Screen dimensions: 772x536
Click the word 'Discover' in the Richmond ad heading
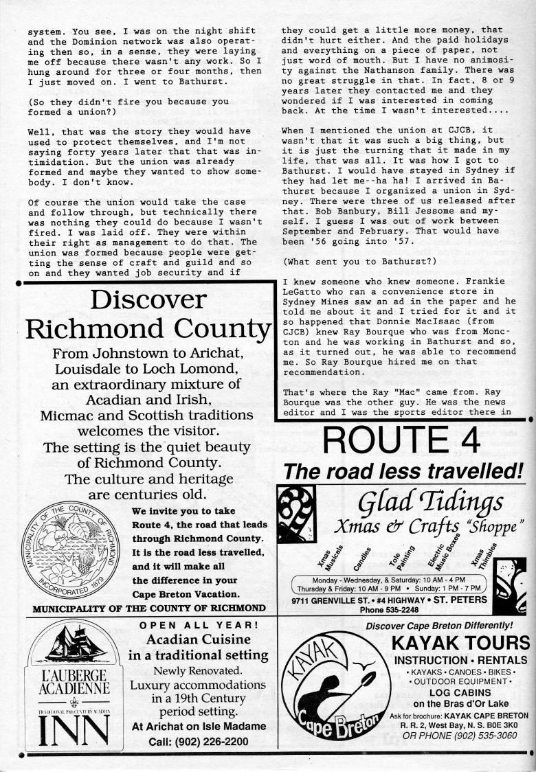(x=148, y=300)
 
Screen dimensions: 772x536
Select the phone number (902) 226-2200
(x=199, y=741)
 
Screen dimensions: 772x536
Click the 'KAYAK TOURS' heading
(x=460, y=644)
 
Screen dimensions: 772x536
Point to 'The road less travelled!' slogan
(x=403, y=471)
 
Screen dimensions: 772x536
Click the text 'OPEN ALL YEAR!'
(x=199, y=625)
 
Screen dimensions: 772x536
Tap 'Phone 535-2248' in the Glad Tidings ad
(x=389, y=609)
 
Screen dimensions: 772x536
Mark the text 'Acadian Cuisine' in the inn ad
(x=198, y=640)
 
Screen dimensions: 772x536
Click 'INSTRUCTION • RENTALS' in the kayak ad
(x=460, y=660)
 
